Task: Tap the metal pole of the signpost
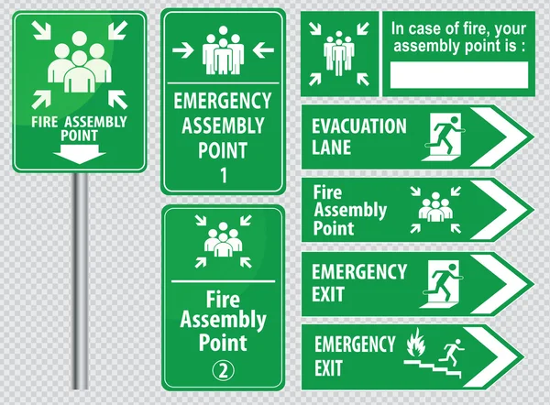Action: coord(81,280)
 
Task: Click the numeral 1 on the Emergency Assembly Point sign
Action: coord(224,175)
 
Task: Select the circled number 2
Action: coord(223,370)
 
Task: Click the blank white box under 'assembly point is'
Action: coord(459,75)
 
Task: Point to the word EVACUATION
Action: coord(359,126)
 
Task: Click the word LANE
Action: coord(331,148)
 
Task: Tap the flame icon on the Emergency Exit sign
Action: coord(416,342)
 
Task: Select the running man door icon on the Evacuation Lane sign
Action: coord(444,137)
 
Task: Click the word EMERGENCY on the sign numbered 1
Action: coord(223,101)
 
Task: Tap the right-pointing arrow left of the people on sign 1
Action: coord(182,50)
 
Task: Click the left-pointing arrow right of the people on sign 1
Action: coord(263,49)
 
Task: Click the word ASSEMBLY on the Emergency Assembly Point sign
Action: coord(223,126)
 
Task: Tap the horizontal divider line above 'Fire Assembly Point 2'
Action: coord(223,281)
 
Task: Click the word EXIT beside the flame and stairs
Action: coord(328,368)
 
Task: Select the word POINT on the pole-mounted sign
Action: coord(79,136)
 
